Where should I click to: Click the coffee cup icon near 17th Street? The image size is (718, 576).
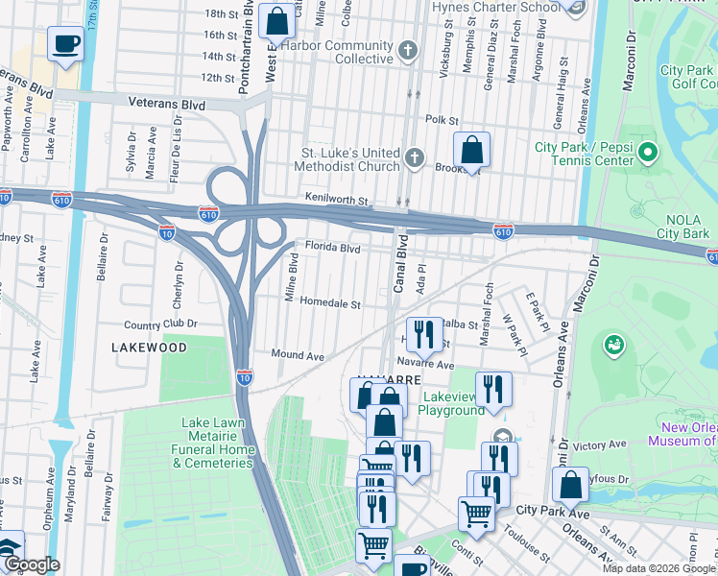[65, 44]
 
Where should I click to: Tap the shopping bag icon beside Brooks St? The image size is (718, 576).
[472, 151]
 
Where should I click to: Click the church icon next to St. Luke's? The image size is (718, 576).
[415, 157]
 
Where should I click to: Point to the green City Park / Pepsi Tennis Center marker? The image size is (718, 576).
[648, 153]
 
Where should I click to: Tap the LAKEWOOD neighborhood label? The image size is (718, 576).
[148, 347]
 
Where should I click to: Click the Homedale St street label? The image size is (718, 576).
[329, 303]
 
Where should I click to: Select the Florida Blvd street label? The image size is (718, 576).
[332, 248]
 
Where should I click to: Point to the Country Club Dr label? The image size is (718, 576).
[160, 324]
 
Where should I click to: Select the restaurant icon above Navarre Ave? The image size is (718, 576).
[422, 334]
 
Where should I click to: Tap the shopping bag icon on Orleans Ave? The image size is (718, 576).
[570, 486]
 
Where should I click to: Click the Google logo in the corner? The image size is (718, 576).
[31, 564]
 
